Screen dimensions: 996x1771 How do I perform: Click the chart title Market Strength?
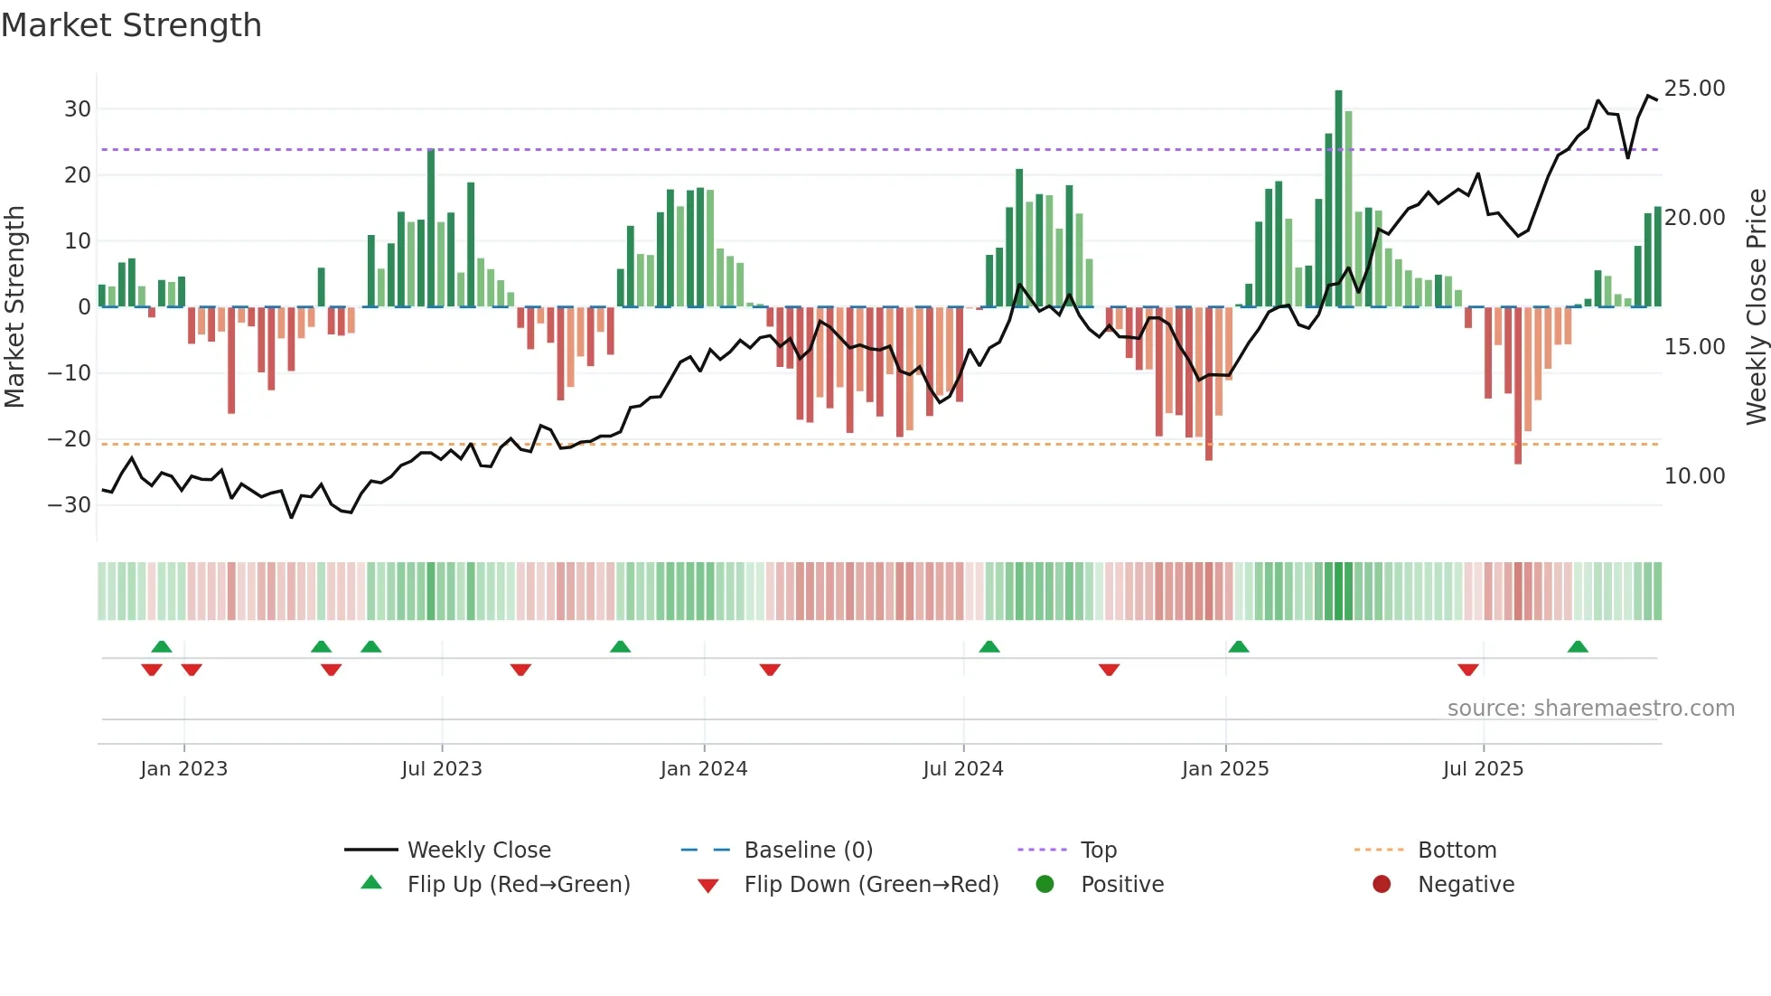point(131,25)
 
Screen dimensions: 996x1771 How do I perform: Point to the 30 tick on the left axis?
point(78,109)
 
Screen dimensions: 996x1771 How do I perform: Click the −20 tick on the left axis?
point(70,439)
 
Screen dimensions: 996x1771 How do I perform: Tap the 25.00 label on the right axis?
point(1694,89)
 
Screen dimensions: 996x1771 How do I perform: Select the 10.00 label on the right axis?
point(1694,476)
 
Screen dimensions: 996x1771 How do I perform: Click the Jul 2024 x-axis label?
point(962,769)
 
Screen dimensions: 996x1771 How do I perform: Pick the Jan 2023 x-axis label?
point(183,769)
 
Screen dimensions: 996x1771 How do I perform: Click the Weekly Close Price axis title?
point(1756,307)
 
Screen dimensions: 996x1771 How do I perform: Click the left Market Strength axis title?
point(14,307)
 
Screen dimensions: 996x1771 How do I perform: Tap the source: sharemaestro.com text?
point(1590,709)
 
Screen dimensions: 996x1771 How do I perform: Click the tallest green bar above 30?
point(1338,199)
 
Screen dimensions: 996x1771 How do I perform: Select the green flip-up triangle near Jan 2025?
point(1239,647)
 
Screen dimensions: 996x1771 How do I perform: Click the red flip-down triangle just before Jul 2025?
point(1467,670)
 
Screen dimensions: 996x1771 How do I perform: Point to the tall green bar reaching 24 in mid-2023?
point(431,228)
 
